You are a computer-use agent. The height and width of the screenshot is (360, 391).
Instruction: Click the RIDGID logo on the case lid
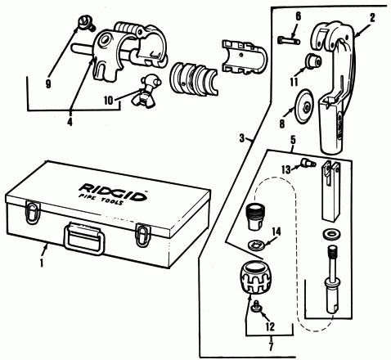113,192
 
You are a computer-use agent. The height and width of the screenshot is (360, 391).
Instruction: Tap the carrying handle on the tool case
84,238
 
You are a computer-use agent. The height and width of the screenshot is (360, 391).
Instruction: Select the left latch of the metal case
33,213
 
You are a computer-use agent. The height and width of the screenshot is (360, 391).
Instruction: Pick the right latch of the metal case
143,235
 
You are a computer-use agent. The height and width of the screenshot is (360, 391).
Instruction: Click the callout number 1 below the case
42,263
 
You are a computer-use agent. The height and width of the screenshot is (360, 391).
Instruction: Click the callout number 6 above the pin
299,16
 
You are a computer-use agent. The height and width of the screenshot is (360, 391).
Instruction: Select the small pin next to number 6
289,41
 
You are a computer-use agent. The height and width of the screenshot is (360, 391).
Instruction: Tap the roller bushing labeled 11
313,61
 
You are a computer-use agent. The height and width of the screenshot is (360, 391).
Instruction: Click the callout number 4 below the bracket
70,122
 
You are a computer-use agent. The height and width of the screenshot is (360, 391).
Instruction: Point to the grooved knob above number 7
255,277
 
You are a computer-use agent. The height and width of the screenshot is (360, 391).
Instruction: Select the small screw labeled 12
257,306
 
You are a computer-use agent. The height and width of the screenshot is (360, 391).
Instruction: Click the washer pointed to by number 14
257,244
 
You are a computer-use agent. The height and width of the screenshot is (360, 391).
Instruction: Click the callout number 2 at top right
372,18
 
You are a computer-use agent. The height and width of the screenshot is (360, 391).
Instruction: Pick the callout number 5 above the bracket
293,140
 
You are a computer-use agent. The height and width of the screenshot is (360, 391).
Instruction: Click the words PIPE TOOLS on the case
101,200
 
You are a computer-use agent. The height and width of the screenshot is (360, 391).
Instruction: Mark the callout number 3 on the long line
242,139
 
